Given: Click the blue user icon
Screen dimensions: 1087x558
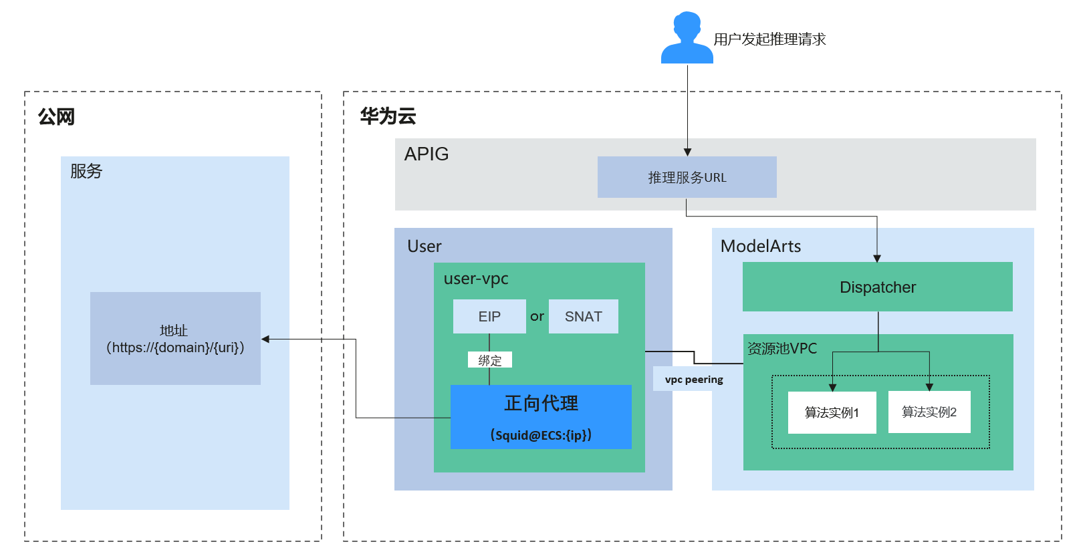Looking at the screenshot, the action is (x=687, y=38).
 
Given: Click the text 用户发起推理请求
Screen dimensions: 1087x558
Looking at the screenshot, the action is (x=769, y=39).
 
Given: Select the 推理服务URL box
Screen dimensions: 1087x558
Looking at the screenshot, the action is (x=687, y=177).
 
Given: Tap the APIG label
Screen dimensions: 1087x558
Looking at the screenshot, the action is (x=427, y=154).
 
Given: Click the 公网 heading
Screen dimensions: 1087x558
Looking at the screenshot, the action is (x=56, y=117).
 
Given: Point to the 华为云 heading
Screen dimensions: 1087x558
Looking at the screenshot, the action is (x=388, y=116).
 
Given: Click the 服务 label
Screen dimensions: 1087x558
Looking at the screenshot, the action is (x=86, y=171).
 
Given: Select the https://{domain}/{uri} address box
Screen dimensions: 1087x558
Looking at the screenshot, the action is (x=175, y=338).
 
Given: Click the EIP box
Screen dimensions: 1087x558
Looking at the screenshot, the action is (x=489, y=316).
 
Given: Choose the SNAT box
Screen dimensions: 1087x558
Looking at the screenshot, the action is (x=584, y=316).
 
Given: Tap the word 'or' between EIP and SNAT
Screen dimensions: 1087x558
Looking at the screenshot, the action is (x=537, y=316).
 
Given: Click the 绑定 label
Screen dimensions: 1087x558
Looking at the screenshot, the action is (x=489, y=360).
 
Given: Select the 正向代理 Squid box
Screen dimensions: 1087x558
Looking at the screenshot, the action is (x=541, y=417).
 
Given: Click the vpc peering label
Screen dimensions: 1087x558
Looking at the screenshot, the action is (x=694, y=380).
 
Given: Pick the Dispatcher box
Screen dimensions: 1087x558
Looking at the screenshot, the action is (x=877, y=287).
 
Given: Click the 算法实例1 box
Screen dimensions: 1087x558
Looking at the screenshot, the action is (x=832, y=412).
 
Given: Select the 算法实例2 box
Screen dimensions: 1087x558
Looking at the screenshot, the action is (x=929, y=412).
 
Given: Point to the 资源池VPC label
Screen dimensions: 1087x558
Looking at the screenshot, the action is (x=781, y=348).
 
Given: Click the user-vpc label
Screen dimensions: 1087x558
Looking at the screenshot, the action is (x=476, y=279).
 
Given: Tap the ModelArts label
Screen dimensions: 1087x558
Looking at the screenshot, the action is (x=760, y=246).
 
